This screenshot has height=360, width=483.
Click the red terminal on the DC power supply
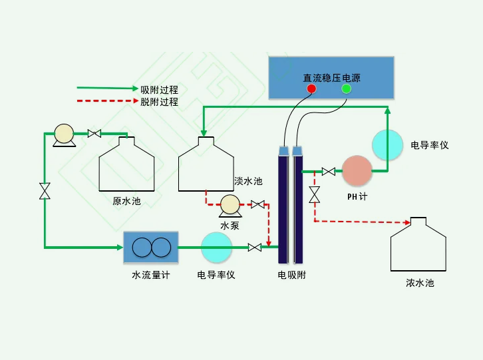click(x=311, y=89)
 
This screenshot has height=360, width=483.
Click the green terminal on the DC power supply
click(x=346, y=89)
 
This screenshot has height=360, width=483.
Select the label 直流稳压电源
click(x=331, y=77)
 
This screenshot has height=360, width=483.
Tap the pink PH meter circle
click(x=357, y=172)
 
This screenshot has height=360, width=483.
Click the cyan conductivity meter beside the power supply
click(x=387, y=144)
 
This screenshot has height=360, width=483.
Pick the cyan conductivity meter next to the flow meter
click(x=216, y=248)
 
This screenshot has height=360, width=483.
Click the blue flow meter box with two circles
click(x=151, y=248)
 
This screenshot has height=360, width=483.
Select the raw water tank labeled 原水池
click(x=126, y=166)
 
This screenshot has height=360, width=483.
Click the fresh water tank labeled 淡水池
click(x=206, y=166)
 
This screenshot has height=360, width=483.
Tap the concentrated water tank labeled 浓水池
click(x=418, y=246)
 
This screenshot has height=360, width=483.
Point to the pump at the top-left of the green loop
click(x=65, y=134)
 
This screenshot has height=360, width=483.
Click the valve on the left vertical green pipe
click(x=45, y=192)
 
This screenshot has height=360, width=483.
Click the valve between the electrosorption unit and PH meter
click(x=328, y=172)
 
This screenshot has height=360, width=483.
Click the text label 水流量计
click(x=150, y=275)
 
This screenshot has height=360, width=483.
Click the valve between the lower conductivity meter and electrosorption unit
click(x=254, y=248)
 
